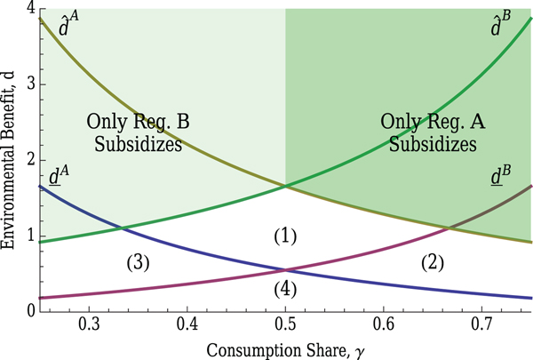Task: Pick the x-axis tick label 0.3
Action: (x=89, y=322)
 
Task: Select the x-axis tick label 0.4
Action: (x=187, y=322)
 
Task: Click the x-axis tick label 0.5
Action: (x=284, y=322)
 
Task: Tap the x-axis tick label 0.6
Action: (x=383, y=322)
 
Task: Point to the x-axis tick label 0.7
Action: (x=481, y=322)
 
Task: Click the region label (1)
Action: (x=284, y=236)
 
